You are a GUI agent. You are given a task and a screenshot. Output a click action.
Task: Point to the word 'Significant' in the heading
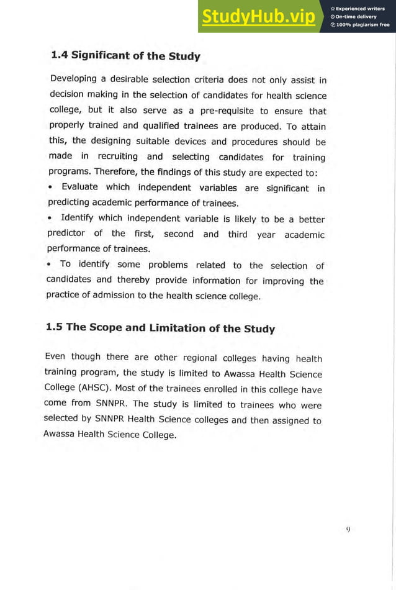click(x=101, y=55)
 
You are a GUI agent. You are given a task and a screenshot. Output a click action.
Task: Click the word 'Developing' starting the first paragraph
click(x=73, y=79)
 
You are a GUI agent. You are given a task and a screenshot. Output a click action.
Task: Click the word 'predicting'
click(x=70, y=203)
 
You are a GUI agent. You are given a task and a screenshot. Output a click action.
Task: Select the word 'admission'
click(x=114, y=296)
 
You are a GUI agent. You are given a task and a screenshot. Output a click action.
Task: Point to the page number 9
click(x=348, y=529)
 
